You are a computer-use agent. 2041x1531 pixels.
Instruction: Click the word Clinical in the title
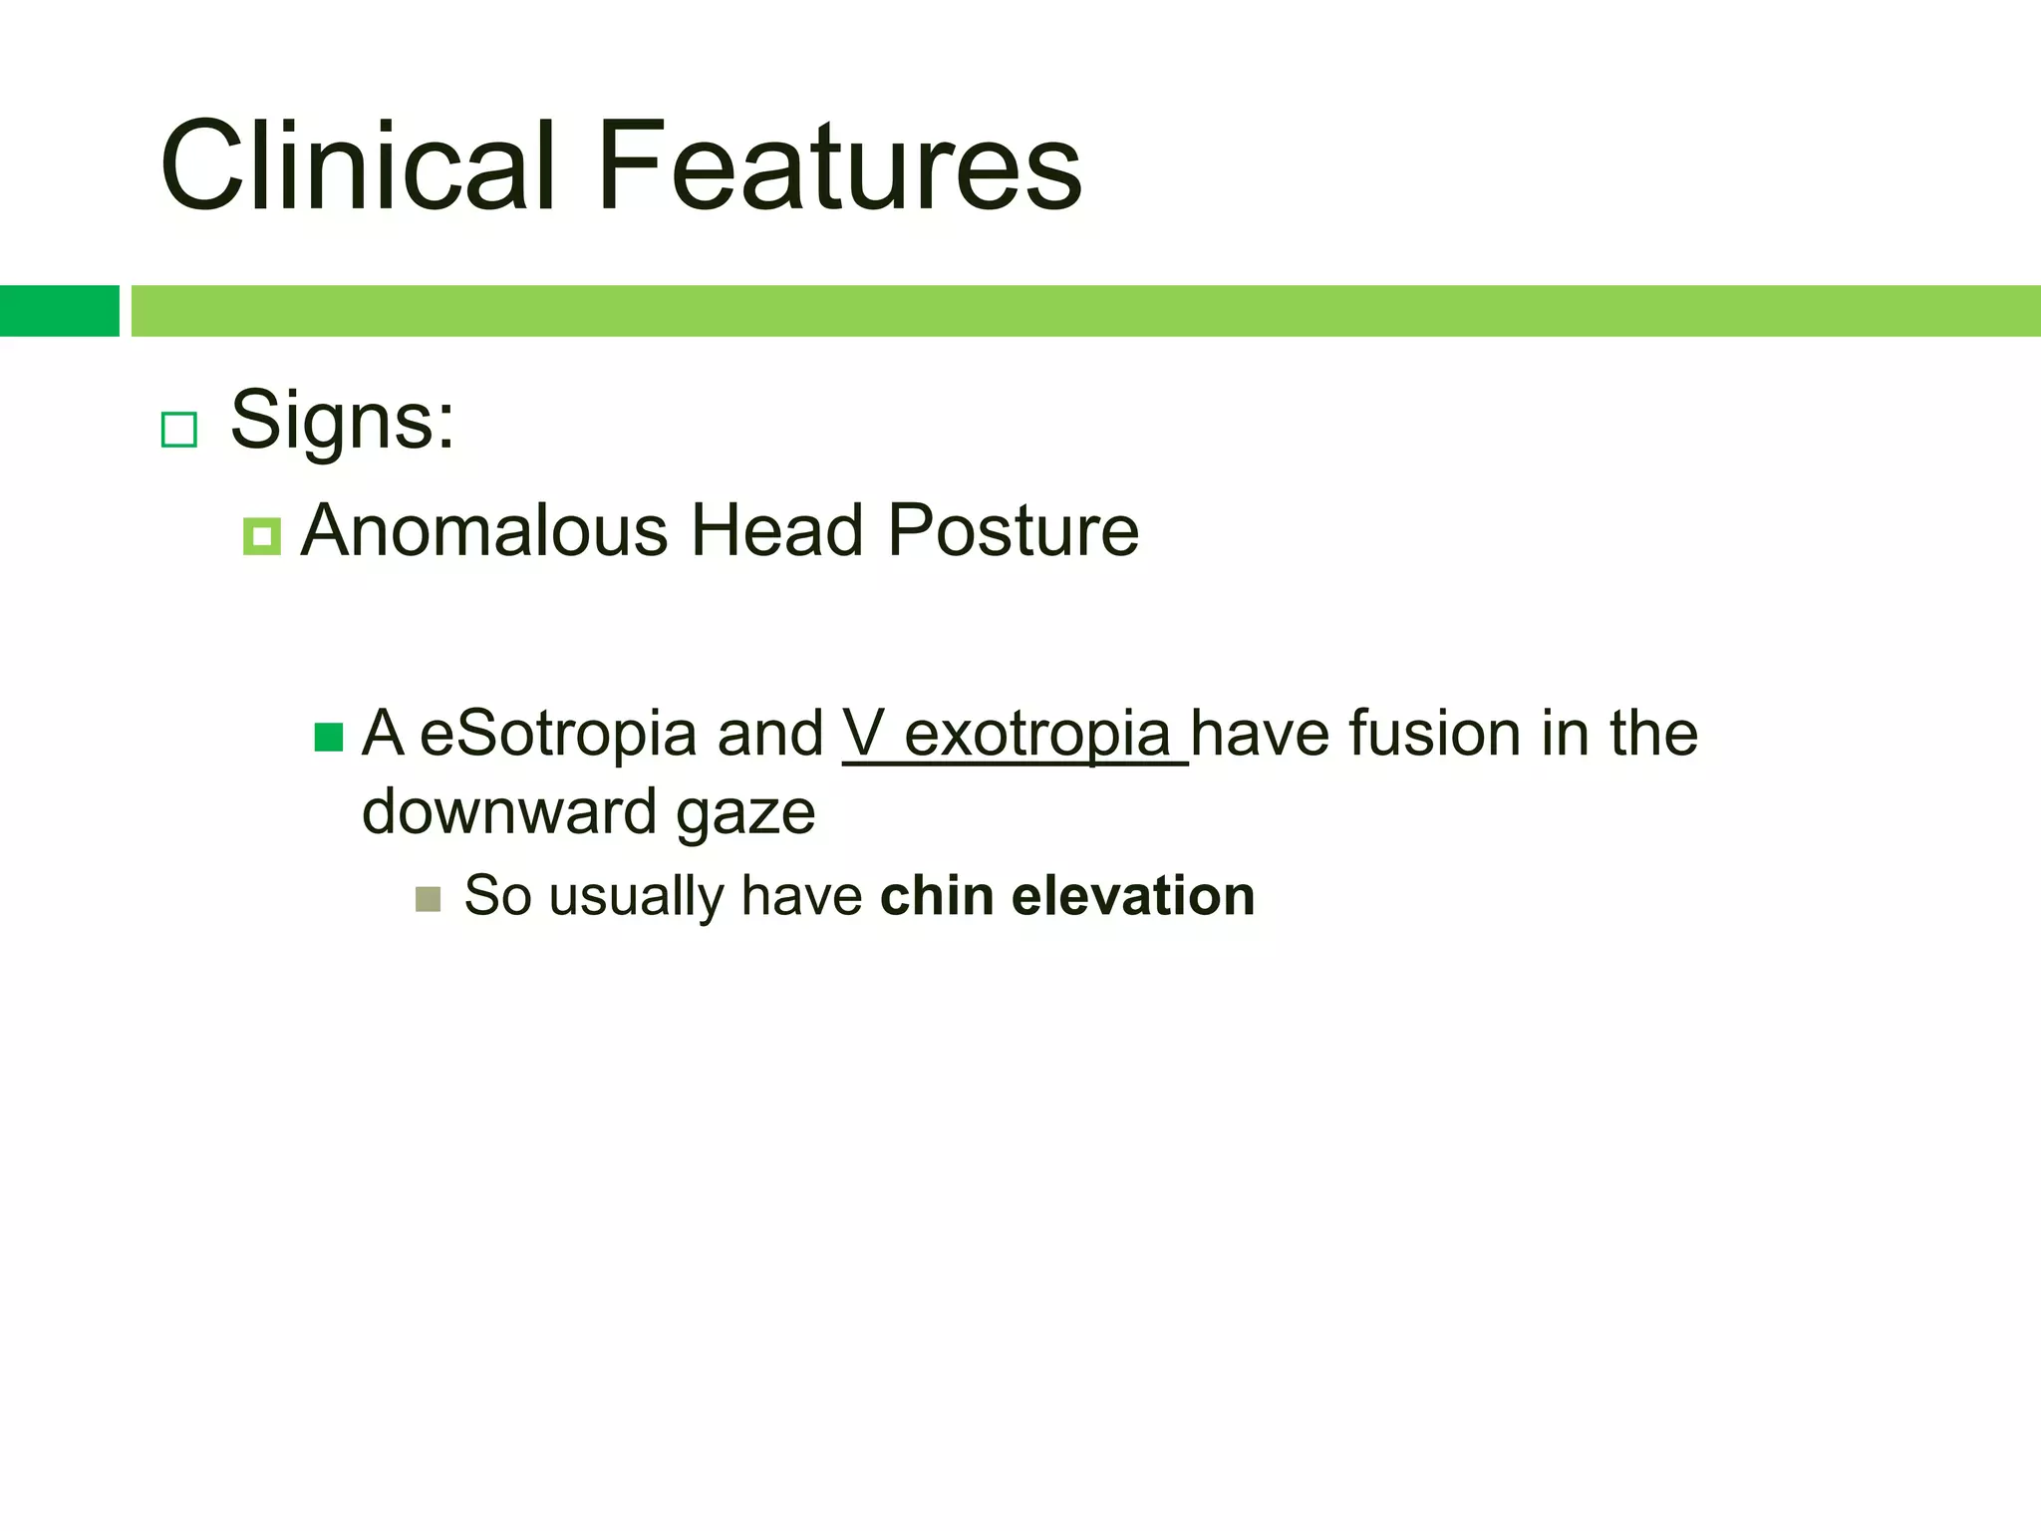pos(357,166)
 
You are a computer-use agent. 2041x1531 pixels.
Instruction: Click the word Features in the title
pos(839,166)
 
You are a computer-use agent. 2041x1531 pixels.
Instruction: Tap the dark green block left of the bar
pos(59,311)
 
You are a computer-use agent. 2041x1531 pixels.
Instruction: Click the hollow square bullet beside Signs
pos(179,430)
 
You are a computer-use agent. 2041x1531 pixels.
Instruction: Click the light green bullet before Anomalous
pos(261,537)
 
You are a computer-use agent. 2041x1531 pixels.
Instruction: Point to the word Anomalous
pos(483,530)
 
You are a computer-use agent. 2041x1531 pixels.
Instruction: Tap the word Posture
pos(1013,530)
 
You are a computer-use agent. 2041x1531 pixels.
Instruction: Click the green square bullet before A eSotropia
pos(329,738)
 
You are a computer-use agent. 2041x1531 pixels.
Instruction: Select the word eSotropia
pos(558,735)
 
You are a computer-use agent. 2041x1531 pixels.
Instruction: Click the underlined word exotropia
pos(1037,735)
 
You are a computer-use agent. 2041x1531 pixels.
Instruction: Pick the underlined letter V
pos(863,735)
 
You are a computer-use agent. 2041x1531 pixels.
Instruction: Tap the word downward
pos(508,811)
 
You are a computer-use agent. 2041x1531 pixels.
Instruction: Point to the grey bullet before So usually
pos(429,899)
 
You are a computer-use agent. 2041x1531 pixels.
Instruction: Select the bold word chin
pos(937,895)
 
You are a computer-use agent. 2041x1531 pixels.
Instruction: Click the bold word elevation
pos(1133,895)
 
